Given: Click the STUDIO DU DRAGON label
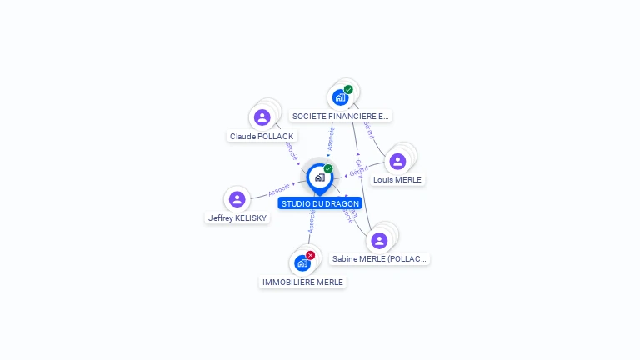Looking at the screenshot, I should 320,203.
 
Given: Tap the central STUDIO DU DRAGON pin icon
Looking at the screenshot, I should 319,177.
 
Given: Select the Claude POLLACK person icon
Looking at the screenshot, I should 262,117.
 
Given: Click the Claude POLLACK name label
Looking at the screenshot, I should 262,136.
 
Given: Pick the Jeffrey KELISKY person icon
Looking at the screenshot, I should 237,199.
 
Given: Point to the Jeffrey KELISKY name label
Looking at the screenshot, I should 237,217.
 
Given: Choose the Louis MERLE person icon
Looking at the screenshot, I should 397,161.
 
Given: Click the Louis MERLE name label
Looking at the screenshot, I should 397,179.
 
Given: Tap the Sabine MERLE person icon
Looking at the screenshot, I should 379,241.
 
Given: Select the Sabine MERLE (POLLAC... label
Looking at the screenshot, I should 379,259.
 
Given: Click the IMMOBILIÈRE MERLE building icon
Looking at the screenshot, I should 302,263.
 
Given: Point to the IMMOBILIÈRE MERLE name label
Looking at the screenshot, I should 302,282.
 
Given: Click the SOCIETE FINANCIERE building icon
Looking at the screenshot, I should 340,97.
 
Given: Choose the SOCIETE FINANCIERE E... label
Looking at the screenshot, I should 341,117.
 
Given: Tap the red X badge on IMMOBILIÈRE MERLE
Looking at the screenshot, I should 311,255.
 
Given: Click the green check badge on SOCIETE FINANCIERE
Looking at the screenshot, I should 348,89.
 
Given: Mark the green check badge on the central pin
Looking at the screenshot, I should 328,168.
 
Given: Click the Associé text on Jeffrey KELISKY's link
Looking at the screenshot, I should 278,190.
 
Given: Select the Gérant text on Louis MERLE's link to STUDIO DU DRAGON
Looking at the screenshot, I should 358,171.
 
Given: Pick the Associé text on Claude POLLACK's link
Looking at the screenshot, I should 291,150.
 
